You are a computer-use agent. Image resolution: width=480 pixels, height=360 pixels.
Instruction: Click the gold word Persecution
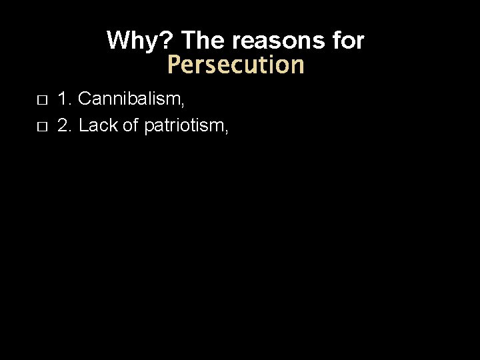click(x=235, y=65)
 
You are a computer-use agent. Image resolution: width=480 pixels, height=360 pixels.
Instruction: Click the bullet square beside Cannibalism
click(x=41, y=101)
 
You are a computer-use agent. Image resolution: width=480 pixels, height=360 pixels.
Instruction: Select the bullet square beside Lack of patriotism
click(x=41, y=126)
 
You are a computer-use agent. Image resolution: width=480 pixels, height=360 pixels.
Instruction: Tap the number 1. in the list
click(x=65, y=100)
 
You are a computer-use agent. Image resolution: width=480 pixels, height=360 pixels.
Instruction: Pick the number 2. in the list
click(x=65, y=125)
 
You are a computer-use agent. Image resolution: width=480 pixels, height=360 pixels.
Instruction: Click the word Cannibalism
click(x=129, y=100)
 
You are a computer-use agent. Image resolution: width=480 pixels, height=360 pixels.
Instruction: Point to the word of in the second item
click(x=128, y=125)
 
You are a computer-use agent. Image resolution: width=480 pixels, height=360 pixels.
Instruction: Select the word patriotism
click(x=183, y=125)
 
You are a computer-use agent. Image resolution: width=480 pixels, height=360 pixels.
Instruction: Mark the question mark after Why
click(x=168, y=41)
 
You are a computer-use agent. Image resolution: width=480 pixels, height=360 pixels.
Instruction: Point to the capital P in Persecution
click(x=174, y=65)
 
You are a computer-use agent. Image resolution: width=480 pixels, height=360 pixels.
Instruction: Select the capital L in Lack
click(x=83, y=125)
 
